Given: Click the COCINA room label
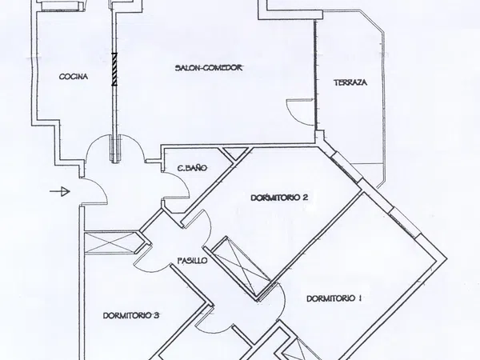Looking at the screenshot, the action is click(x=74, y=77).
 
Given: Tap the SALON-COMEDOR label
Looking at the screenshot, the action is click(x=209, y=68).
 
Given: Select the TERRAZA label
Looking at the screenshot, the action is click(x=350, y=82).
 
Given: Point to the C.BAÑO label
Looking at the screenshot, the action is click(x=192, y=168).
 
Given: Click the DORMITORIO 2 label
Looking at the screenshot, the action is click(x=279, y=198).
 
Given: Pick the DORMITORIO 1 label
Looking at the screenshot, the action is click(x=334, y=298).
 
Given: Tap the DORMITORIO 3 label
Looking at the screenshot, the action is click(x=130, y=316).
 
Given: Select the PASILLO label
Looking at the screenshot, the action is click(x=193, y=261).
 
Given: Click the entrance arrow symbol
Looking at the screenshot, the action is click(x=60, y=192).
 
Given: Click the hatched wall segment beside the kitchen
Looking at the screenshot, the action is click(x=114, y=69).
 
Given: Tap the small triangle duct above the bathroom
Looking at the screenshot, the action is click(x=235, y=153).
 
